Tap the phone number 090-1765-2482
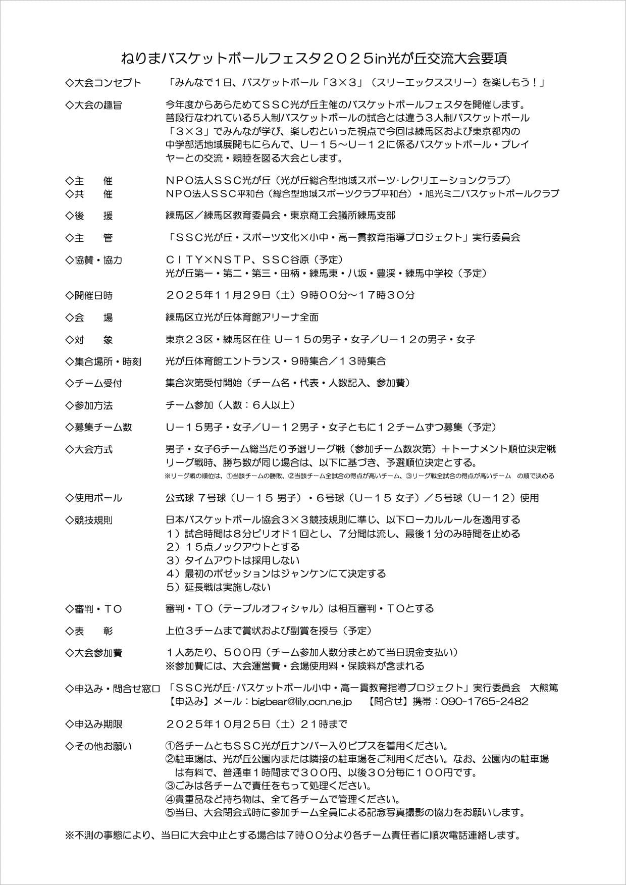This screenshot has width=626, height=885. (x=485, y=701)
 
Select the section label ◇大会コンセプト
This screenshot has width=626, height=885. (x=103, y=83)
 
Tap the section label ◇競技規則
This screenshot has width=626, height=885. (x=89, y=519)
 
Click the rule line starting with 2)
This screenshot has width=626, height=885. (x=233, y=547)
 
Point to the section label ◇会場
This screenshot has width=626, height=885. (x=89, y=318)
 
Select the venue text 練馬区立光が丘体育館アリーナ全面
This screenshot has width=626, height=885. (x=242, y=318)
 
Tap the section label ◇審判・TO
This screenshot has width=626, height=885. (x=94, y=609)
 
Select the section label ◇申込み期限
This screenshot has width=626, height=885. (x=94, y=724)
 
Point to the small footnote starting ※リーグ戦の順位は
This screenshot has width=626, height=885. (x=358, y=476)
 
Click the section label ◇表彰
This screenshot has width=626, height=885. (x=89, y=631)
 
